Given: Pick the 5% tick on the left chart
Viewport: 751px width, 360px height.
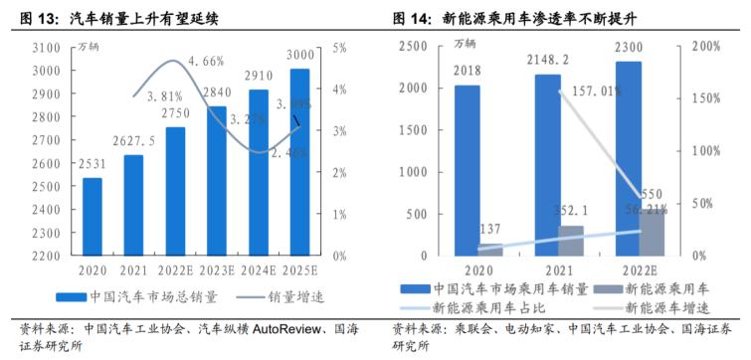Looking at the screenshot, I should point(339,48).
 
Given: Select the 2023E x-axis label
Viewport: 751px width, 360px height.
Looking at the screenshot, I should point(216,269).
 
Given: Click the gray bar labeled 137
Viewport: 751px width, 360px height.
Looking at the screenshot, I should point(489,250).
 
